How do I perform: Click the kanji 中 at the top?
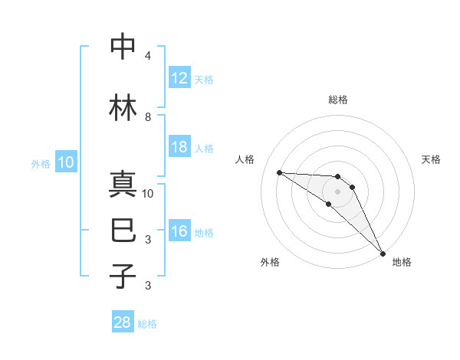tap(123, 47)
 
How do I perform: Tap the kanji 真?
tap(123, 185)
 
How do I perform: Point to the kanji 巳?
tap(123, 227)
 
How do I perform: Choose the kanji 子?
tap(123, 275)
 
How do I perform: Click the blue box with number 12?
tap(179, 78)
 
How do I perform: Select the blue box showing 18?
tap(179, 147)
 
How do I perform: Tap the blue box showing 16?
tap(179, 231)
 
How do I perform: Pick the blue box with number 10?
tap(66, 162)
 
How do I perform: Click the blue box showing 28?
tap(123, 322)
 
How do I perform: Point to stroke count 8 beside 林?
tap(148, 117)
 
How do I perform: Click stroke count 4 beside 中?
tap(148, 57)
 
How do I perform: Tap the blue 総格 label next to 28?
tap(147, 324)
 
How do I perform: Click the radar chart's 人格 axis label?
tap(245, 159)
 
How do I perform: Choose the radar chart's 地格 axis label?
tap(402, 262)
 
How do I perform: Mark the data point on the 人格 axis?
tap(279, 172)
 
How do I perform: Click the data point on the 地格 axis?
tap(383, 252)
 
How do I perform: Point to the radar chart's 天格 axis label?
tap(431, 159)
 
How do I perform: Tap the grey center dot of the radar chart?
tap(337, 191)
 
